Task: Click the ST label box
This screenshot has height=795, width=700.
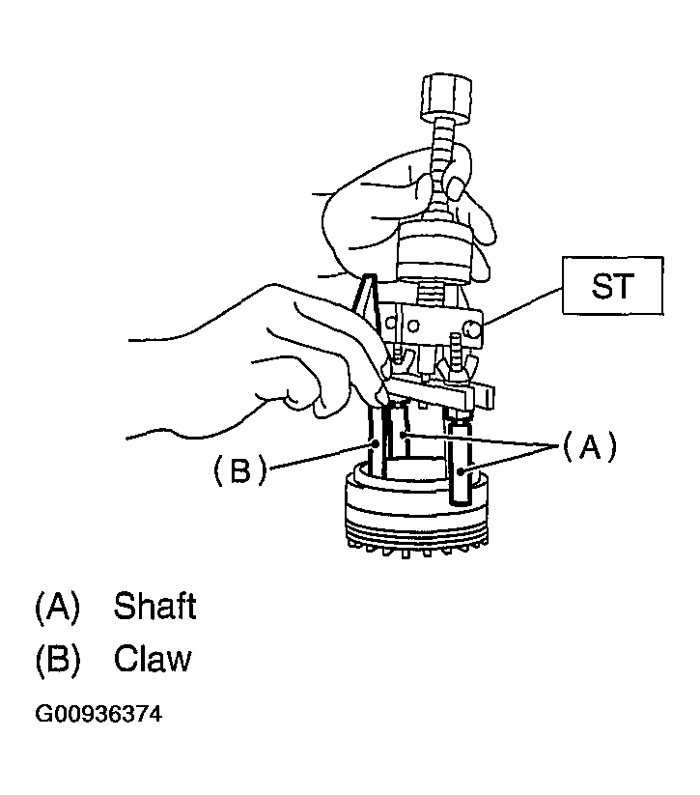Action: click(x=610, y=287)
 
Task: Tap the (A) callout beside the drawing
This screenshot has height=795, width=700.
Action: click(x=589, y=446)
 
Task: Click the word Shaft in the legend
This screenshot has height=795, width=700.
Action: click(x=154, y=607)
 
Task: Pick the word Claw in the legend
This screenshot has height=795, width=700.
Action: click(x=153, y=659)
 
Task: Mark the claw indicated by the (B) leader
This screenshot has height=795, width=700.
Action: click(x=376, y=444)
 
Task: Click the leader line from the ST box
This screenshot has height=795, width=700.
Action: click(x=521, y=306)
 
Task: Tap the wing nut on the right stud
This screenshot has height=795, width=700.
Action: click(x=453, y=367)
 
